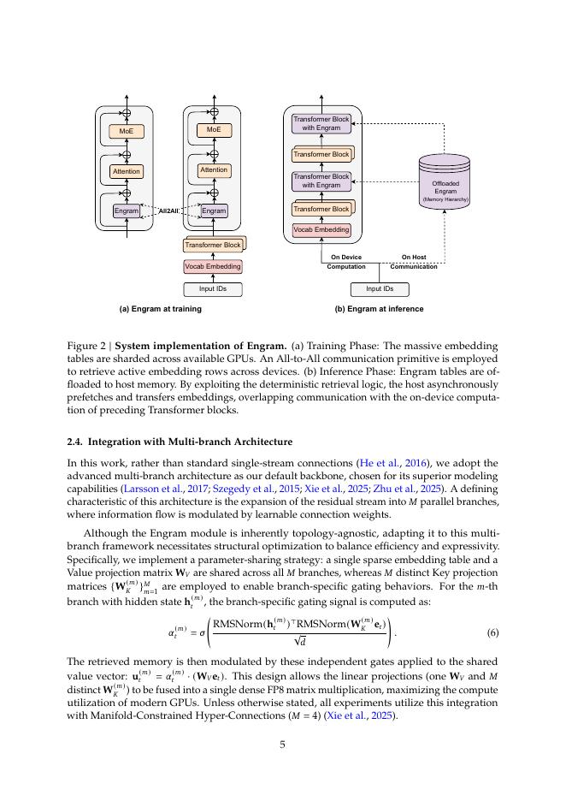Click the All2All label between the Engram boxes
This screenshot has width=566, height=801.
point(168,211)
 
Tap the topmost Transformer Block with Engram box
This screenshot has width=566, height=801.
point(321,123)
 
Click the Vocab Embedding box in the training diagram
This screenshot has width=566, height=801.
point(213,266)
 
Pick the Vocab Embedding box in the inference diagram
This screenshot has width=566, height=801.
point(321,230)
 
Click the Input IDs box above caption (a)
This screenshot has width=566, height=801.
point(213,289)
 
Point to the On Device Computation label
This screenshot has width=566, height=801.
point(345,261)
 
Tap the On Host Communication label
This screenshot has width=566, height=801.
point(414,261)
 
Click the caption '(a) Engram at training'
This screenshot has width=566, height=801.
point(161,309)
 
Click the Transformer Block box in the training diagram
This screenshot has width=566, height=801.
point(213,245)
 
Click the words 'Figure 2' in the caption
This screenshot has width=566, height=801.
point(86,346)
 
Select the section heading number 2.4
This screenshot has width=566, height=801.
point(75,442)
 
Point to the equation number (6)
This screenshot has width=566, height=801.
point(492,632)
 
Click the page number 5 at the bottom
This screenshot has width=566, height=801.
point(282,744)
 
